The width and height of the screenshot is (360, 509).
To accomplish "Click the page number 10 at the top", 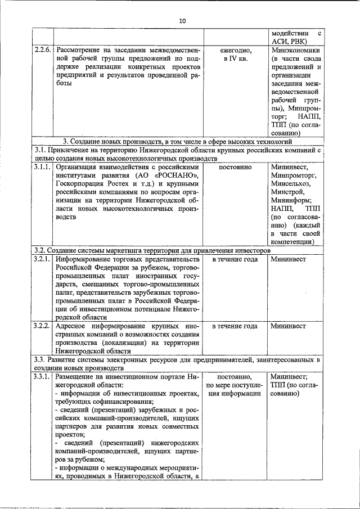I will (x=182, y=21).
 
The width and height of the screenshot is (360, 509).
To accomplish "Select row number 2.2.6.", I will (x=42, y=50).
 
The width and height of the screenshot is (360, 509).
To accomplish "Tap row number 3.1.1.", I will (x=42, y=168).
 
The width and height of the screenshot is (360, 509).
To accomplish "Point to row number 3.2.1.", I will (x=42, y=259).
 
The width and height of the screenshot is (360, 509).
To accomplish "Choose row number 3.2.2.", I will (x=42, y=326).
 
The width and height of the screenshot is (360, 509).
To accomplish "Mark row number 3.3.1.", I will (x=42, y=377).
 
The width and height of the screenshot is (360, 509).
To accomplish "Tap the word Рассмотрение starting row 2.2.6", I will (x=80, y=50).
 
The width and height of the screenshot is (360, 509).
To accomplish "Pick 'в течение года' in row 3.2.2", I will (x=236, y=326).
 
